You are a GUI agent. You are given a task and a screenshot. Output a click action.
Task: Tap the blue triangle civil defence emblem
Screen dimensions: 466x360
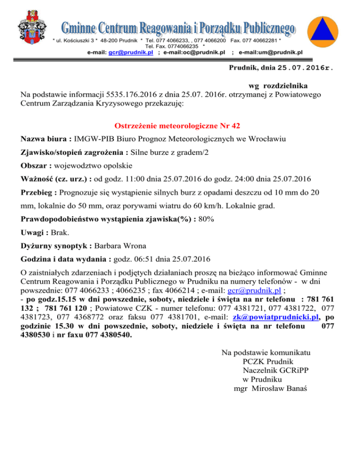click(325, 32)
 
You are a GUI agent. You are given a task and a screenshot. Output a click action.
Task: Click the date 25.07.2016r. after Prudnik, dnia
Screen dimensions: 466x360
click(305, 68)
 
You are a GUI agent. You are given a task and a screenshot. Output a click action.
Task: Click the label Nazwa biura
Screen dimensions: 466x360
click(46, 139)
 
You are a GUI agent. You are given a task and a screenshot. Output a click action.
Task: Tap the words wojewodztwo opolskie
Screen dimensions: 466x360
click(93, 165)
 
